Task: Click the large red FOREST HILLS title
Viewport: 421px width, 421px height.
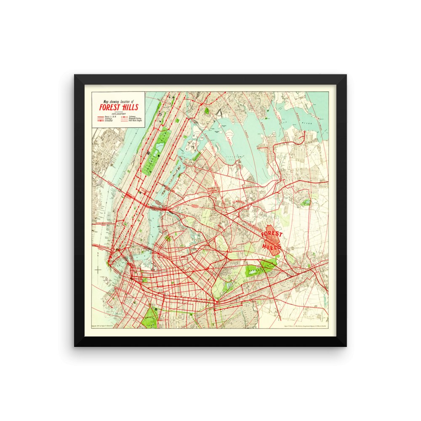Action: (119, 107)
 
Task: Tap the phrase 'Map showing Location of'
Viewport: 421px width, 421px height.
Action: (119, 101)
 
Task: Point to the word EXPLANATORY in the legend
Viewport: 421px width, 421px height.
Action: (119, 114)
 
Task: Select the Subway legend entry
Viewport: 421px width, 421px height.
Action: (132, 117)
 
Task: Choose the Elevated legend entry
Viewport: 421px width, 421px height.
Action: (109, 121)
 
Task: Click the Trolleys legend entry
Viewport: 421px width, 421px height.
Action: (109, 119)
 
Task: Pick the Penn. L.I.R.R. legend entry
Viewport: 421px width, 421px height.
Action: (110, 117)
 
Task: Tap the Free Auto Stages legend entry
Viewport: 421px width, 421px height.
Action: (135, 120)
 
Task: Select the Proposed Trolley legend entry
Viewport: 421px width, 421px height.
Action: (135, 118)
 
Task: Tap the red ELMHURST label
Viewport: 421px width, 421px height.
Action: (239, 203)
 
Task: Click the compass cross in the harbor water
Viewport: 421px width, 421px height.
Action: (98, 270)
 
